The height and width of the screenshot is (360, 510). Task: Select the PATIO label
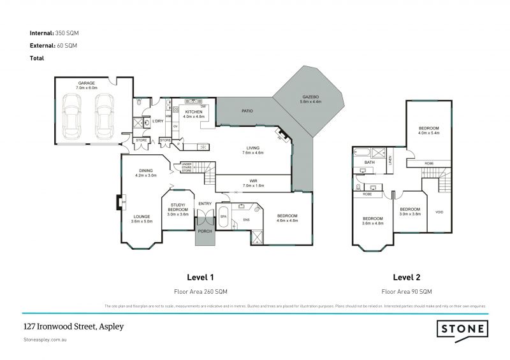point(247,111)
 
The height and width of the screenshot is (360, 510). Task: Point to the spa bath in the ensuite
point(223,216)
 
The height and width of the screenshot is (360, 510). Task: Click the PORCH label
point(205,231)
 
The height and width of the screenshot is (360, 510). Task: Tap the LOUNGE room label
point(142,217)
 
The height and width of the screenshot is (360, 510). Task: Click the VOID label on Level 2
point(439,212)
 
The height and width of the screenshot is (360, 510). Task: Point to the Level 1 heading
point(200,277)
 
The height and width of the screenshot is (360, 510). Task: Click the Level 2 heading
point(406,277)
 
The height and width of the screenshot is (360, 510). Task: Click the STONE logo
point(462,329)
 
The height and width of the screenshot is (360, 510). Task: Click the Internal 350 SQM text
point(55,32)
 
